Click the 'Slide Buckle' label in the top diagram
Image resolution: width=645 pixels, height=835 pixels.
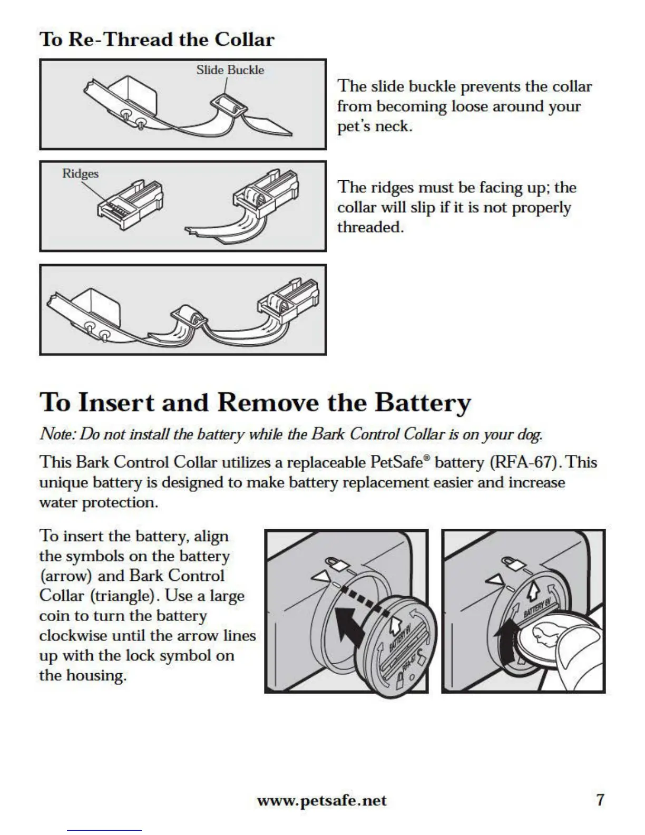230,70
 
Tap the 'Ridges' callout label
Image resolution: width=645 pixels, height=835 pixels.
80,173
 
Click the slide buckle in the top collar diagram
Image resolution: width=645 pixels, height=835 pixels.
229,105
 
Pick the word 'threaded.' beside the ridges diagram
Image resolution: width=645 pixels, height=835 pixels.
370,227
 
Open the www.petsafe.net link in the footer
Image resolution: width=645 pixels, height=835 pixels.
321,800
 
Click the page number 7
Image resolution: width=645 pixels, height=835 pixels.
600,800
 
